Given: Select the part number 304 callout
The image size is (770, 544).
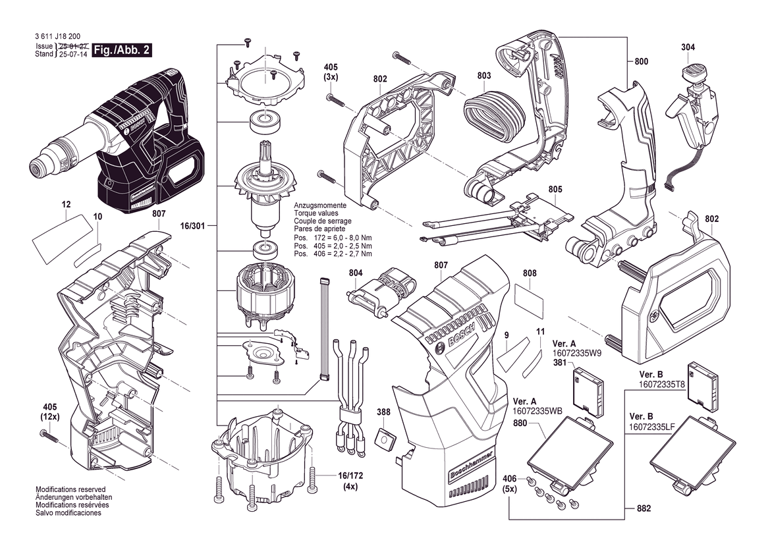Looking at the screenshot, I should (x=688, y=47).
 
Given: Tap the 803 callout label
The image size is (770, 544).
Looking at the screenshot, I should (x=484, y=76).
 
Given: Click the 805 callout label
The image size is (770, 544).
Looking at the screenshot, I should (x=555, y=190).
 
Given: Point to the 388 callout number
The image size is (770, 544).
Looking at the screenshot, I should (x=383, y=413).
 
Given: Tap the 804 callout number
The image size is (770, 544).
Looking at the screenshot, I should (x=356, y=273).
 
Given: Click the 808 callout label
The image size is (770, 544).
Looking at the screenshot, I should (x=530, y=273).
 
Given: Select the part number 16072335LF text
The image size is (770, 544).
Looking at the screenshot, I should (x=651, y=427).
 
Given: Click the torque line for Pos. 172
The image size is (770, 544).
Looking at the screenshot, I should (x=332, y=238).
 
